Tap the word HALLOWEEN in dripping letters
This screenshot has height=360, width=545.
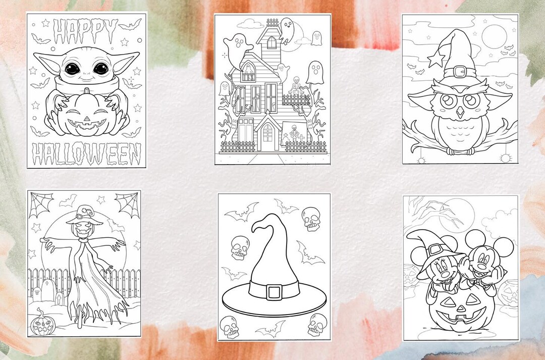86,153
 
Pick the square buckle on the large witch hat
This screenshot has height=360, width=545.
274,292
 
